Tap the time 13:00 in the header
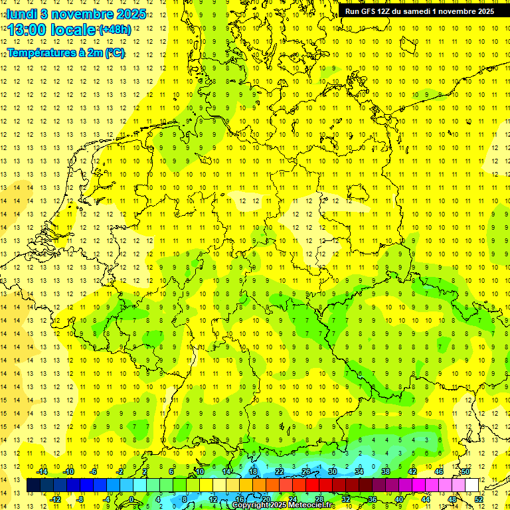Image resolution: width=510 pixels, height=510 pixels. [x=27, y=29]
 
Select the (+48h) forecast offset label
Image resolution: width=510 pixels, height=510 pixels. [x=114, y=30]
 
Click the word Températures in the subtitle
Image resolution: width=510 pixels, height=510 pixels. [x=37, y=52]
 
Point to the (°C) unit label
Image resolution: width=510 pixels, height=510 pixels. [x=114, y=52]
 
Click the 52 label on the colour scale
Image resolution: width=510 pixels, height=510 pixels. [x=478, y=499]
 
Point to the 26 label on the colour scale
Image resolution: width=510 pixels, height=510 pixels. [x=306, y=471]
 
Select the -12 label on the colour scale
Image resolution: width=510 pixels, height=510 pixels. [x=55, y=499]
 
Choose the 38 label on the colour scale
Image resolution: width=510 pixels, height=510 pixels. [x=386, y=471]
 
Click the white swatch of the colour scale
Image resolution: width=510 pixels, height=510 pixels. [x=471, y=485]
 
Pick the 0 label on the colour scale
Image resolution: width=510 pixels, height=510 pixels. [x=131, y=499]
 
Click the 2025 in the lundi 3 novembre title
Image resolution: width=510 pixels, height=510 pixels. [x=130, y=13]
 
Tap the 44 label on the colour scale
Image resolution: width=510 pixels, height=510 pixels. [x=426, y=499]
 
